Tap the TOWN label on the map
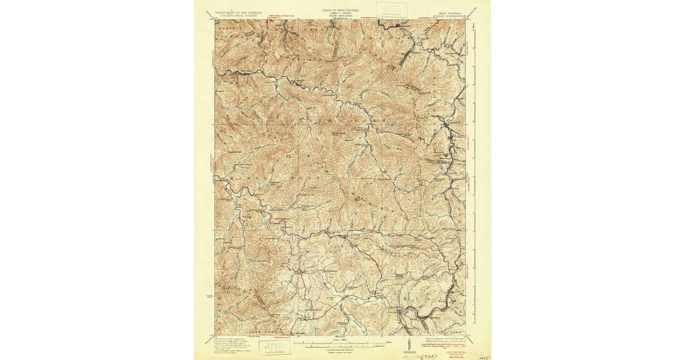(x=454, y=331)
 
